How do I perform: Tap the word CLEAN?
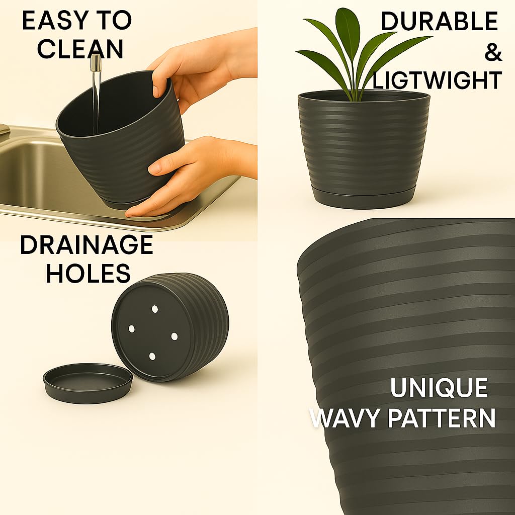(x=80, y=49)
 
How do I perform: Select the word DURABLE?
(x=440, y=21)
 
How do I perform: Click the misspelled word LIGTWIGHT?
(x=438, y=80)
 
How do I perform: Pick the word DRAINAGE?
(x=87, y=245)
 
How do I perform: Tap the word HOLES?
(x=89, y=273)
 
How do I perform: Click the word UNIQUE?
(x=439, y=388)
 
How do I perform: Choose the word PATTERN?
(x=442, y=418)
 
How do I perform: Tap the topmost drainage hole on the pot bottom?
(x=155, y=309)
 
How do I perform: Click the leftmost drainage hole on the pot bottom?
(x=131, y=329)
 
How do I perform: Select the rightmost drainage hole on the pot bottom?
(x=175, y=336)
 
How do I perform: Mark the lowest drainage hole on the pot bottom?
(x=152, y=357)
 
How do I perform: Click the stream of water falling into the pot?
(x=96, y=102)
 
